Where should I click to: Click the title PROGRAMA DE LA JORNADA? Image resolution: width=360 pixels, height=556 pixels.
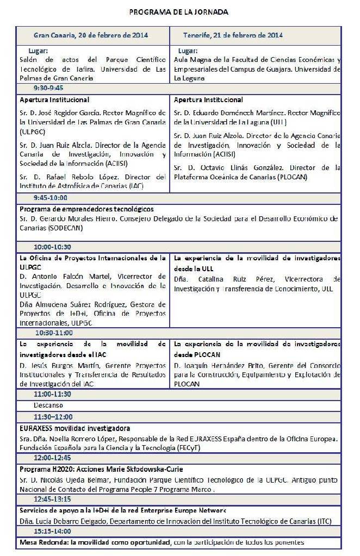178,11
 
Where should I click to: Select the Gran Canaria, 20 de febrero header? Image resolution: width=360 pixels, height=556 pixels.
91,35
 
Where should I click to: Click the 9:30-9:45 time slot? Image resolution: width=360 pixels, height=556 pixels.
48,88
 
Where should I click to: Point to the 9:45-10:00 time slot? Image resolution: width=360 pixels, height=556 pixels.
51,198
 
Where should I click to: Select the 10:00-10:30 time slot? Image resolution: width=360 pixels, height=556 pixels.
52,246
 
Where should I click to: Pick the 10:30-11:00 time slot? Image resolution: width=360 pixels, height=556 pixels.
54,333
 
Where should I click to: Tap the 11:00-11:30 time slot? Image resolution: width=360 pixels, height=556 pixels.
52,394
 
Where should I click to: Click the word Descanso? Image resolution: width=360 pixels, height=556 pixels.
48,405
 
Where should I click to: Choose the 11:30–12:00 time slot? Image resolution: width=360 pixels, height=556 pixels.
53,416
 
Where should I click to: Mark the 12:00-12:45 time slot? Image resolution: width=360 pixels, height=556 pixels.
52,458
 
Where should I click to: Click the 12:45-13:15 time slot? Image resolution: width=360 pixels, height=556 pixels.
52,499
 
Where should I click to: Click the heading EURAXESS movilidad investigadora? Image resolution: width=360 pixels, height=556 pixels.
75,428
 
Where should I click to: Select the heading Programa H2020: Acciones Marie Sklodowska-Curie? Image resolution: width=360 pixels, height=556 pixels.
101,469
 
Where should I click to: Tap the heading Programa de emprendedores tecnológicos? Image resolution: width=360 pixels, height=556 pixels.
86,209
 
